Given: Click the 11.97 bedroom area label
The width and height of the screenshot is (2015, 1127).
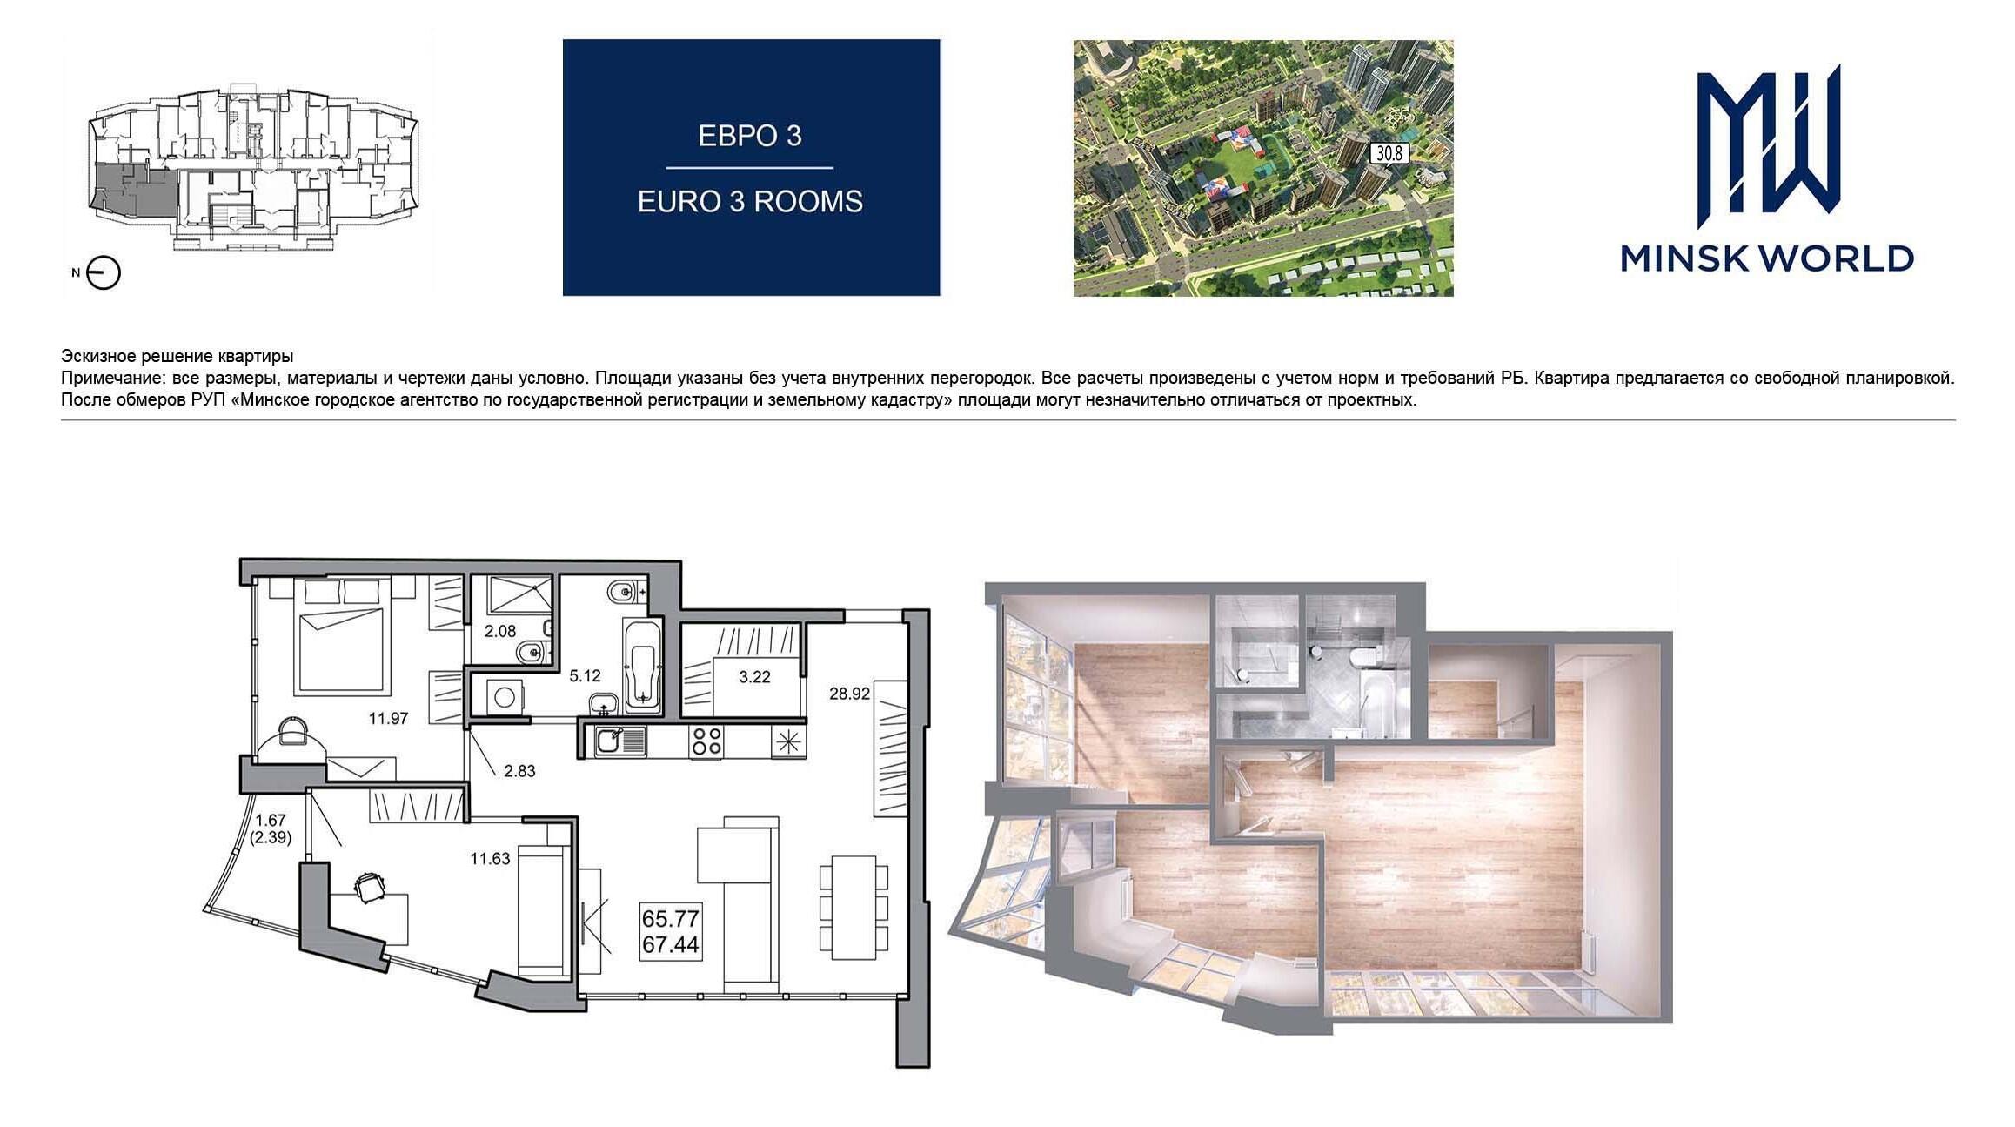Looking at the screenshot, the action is (388, 719).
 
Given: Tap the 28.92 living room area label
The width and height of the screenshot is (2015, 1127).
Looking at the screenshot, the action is (850, 694).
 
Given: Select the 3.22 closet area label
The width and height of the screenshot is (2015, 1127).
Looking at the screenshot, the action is (754, 677).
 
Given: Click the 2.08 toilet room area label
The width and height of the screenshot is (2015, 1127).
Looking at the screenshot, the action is (500, 632).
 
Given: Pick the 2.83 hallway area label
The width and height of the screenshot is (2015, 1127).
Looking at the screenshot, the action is (519, 771).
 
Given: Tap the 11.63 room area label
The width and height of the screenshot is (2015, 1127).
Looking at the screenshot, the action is (490, 859).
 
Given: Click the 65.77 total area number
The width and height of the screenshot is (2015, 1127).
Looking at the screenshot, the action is (671, 919).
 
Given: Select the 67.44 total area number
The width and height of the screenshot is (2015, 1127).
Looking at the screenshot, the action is (671, 945).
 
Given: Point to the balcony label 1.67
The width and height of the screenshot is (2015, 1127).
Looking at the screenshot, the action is (271, 820).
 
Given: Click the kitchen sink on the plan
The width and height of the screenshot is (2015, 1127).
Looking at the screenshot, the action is (621, 741).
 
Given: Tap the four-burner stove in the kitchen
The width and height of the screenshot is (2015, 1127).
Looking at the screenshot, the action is (706, 741).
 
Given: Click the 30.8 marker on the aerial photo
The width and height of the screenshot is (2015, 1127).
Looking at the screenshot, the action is (1389, 154).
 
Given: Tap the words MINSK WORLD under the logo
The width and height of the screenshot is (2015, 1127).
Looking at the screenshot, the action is (1767, 258).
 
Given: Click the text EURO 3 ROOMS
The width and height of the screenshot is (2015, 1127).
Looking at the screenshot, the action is (750, 202).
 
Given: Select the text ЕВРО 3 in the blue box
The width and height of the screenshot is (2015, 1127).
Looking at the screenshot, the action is (750, 136).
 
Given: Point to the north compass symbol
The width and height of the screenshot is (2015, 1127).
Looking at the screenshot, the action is (104, 273).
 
